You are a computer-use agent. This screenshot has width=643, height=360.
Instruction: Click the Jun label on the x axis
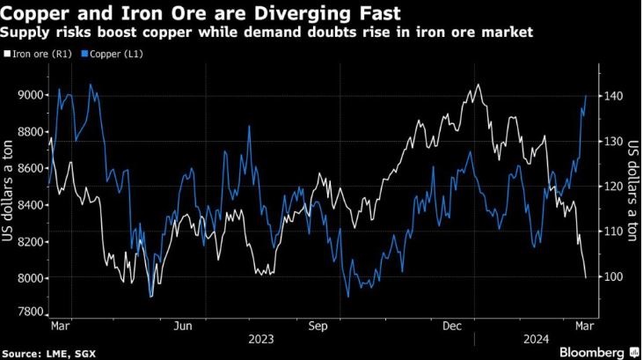coord(184,326)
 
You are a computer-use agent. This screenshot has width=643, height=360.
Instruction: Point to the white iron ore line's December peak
coord(478,84)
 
